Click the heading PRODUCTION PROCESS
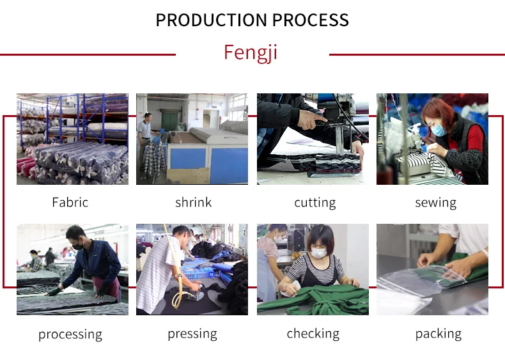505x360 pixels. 252,20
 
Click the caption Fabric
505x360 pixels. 70,203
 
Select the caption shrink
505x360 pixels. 193,203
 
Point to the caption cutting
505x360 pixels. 315,203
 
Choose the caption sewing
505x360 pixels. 435,203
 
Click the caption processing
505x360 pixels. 70,334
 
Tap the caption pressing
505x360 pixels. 192,334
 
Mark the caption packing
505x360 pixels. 438,334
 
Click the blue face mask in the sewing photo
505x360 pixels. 439,130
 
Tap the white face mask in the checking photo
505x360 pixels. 318,253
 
